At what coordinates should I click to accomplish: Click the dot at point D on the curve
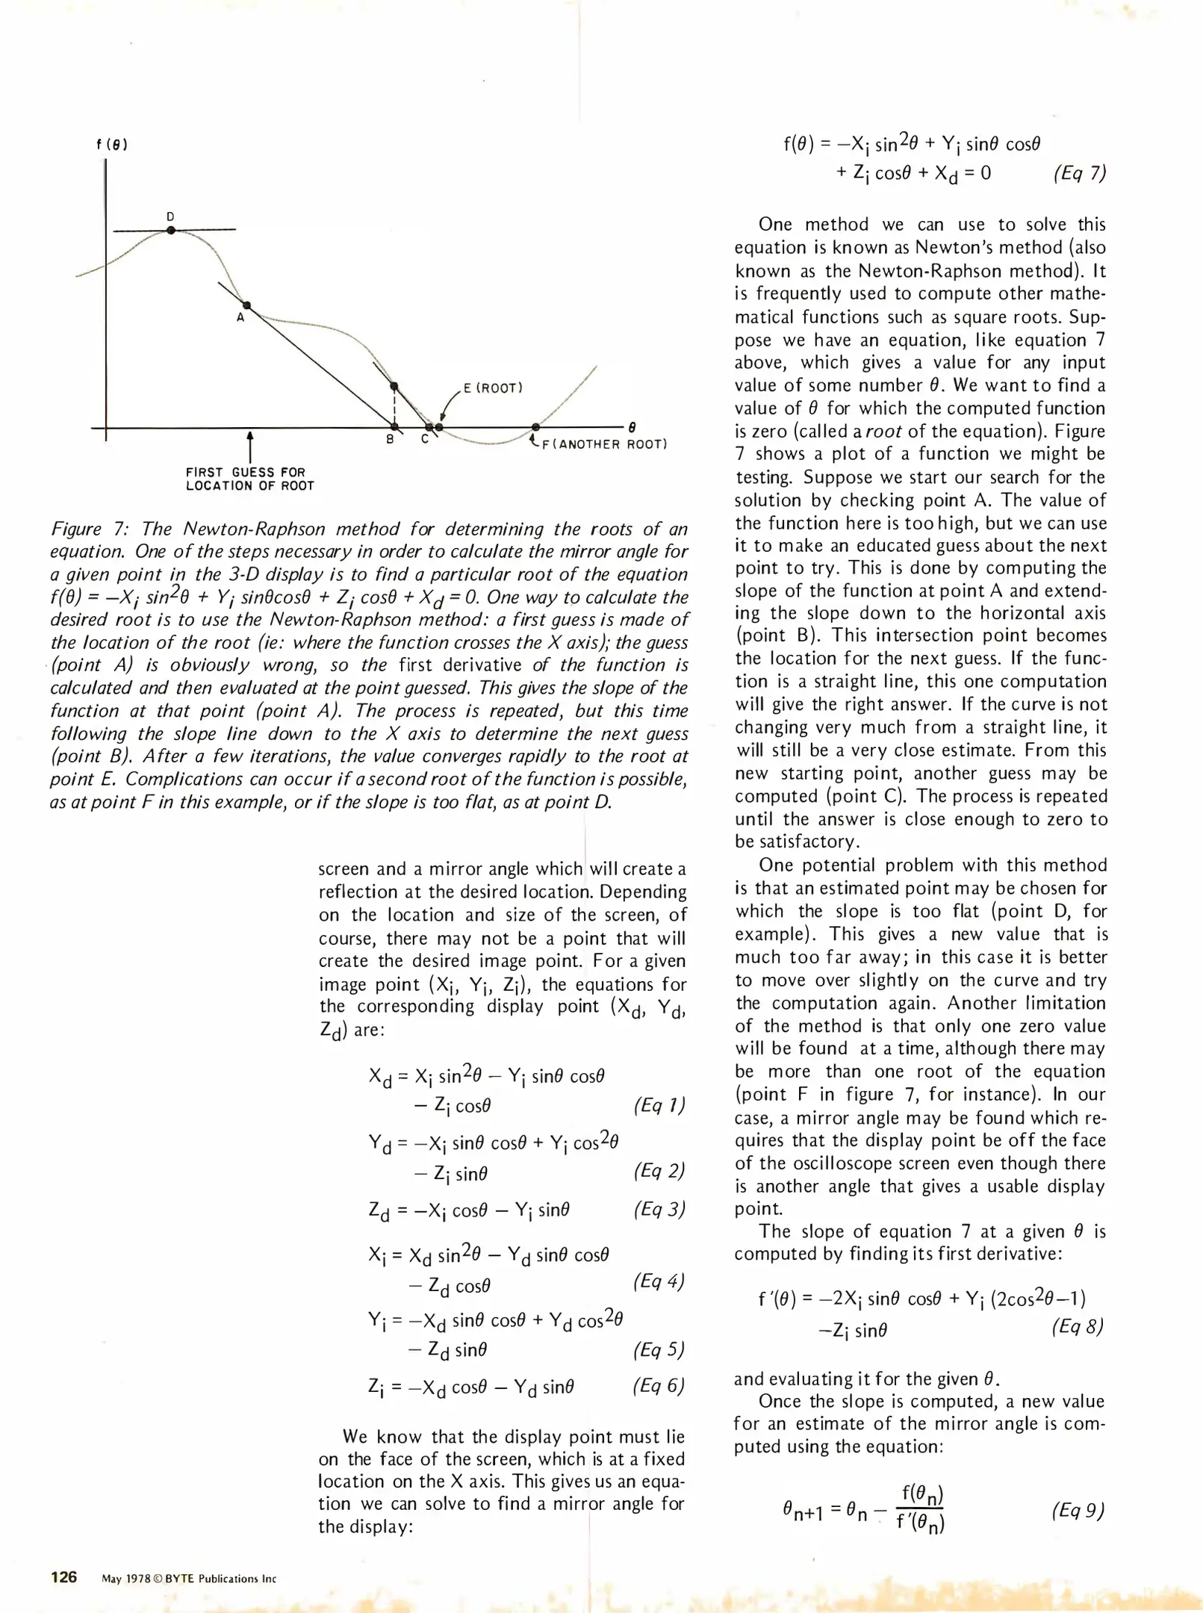coord(171,231)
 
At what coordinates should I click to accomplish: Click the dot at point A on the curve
coord(247,305)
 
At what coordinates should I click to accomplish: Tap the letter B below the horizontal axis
coord(390,440)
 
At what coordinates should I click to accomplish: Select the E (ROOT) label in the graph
coord(493,388)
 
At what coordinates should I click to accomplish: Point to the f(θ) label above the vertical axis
coord(112,145)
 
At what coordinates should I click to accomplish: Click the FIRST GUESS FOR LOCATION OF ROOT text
coord(249,479)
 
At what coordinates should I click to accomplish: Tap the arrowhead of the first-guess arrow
coord(249,435)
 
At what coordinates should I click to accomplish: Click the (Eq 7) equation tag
coord(1079,174)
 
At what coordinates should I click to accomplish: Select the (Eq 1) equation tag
coord(659,1105)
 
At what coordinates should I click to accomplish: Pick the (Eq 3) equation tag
coord(659,1209)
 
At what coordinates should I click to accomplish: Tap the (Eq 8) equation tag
coord(1077,1326)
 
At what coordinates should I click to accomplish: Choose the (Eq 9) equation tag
coord(1077,1510)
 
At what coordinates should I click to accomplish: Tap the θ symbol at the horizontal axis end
coord(632,428)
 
